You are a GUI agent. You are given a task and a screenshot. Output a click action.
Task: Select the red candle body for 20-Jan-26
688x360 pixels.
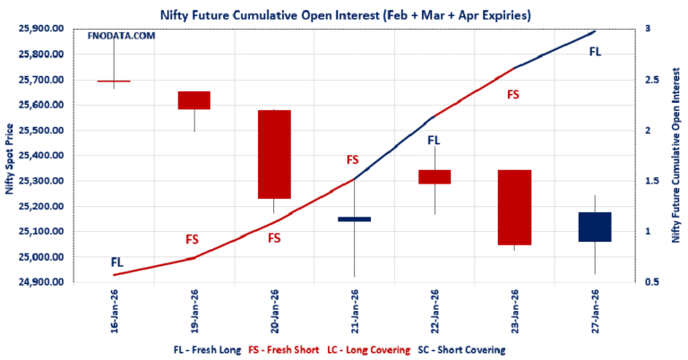coord(274,154)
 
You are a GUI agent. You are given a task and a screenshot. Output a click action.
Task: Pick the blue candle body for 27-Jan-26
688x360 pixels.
coord(594,227)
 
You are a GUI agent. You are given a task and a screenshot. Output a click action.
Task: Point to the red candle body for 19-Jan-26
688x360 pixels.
coord(194,100)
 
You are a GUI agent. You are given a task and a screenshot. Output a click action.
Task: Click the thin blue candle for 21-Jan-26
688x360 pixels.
coord(354,219)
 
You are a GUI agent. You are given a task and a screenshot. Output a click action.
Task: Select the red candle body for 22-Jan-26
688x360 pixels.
coord(434,176)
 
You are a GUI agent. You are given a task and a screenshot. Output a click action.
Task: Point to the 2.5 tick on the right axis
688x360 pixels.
coord(653,80)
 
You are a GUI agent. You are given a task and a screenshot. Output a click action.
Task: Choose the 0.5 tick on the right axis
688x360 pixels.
coord(653,282)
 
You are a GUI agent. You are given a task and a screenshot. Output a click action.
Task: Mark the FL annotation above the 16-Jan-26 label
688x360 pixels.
coord(117,262)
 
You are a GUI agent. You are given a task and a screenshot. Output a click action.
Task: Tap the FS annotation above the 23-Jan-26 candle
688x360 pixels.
coord(513,94)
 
